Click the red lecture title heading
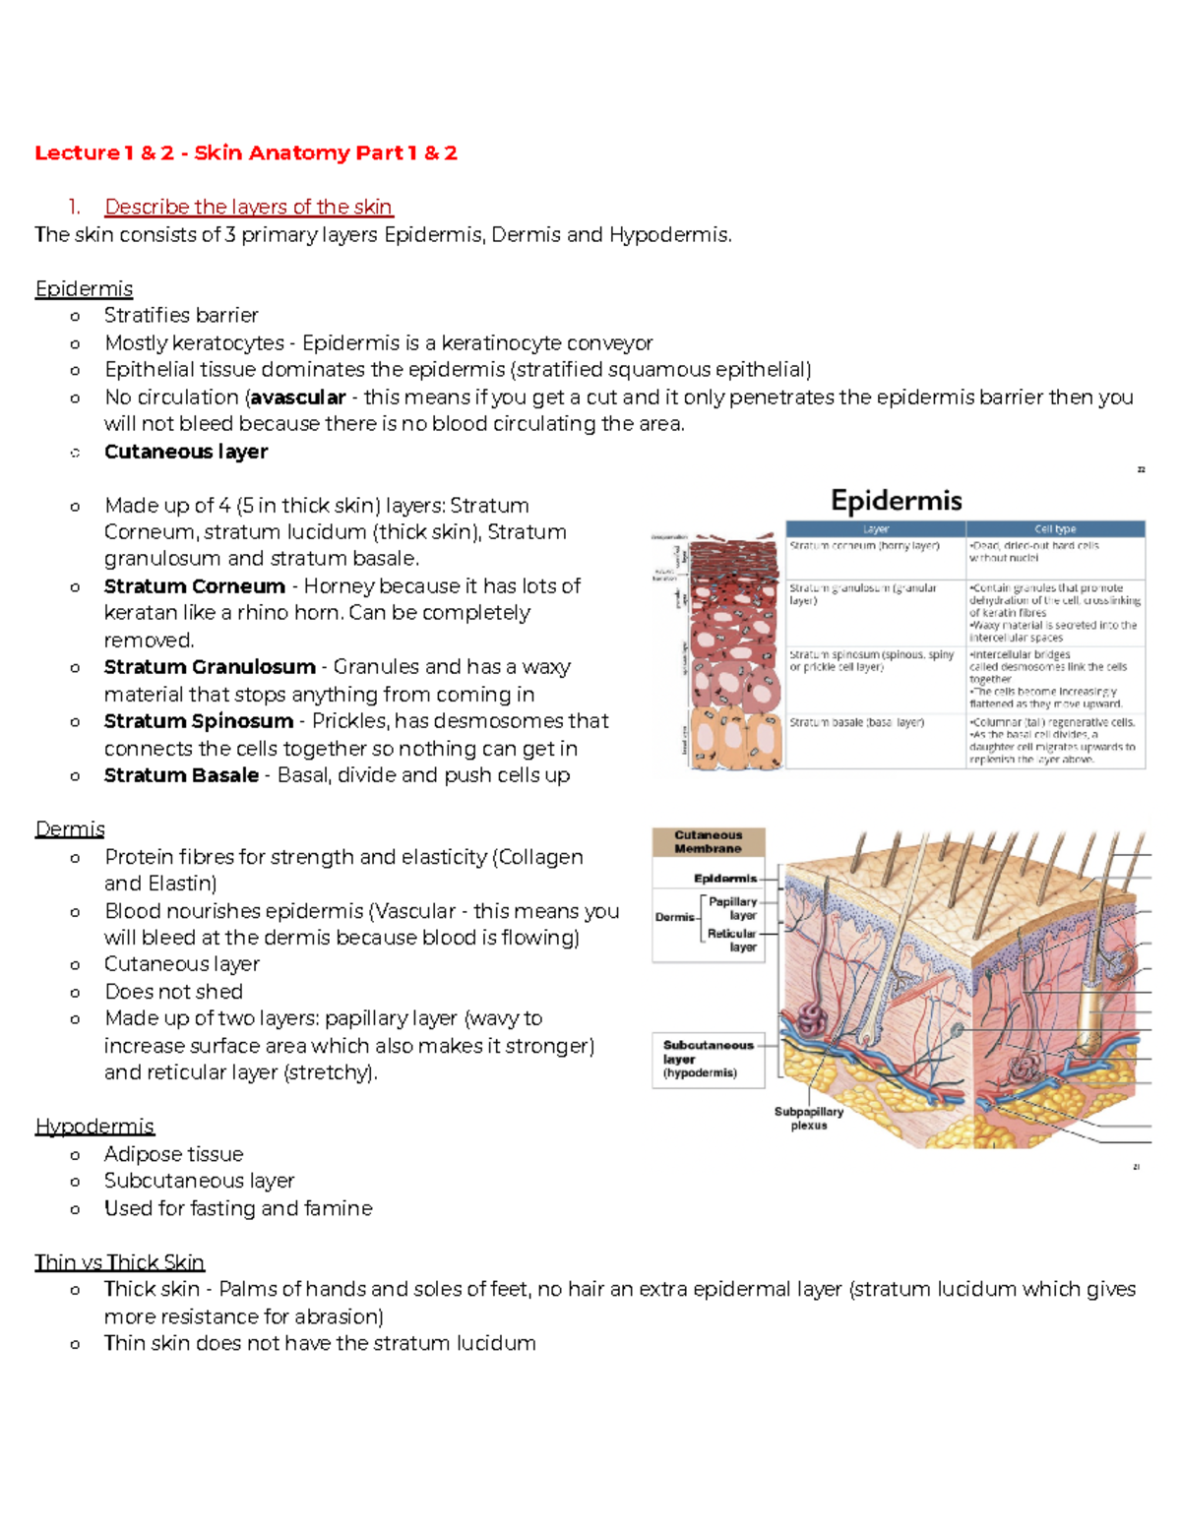click(246, 153)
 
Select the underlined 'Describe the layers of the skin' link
click(248, 207)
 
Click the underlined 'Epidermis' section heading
click(84, 288)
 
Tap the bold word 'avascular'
click(298, 397)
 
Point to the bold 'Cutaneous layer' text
click(186, 452)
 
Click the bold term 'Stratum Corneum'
click(194, 586)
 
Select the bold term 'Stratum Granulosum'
click(210, 667)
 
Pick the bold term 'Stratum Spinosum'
click(198, 721)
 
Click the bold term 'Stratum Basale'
click(181, 775)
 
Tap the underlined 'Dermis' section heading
click(70, 829)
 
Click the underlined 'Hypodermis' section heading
click(94, 1126)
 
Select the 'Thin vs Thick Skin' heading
click(119, 1262)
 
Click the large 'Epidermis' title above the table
click(896, 501)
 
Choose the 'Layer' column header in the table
click(875, 528)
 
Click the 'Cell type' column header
click(1055, 528)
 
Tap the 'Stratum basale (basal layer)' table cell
click(856, 722)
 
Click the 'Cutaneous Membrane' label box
click(708, 841)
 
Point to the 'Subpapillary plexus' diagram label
click(808, 1118)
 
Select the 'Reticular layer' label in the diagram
click(732, 940)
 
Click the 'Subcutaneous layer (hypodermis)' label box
click(708, 1059)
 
